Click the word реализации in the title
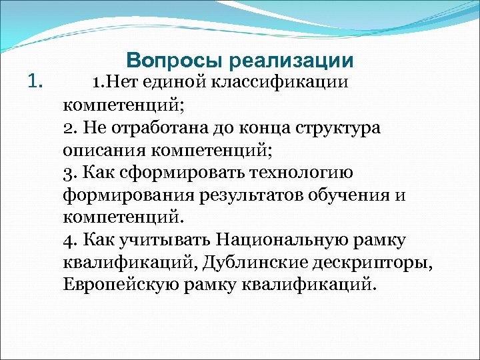pyautogui.click(x=291, y=61)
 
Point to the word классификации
pyautogui.click(x=281, y=82)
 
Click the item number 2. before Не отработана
pyautogui.click(x=71, y=127)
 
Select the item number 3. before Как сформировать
pyautogui.click(x=71, y=173)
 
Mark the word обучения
pyautogui.click(x=357, y=195)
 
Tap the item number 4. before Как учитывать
pyautogui.click(x=71, y=241)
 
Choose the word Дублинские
pyautogui.click(x=251, y=263)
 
